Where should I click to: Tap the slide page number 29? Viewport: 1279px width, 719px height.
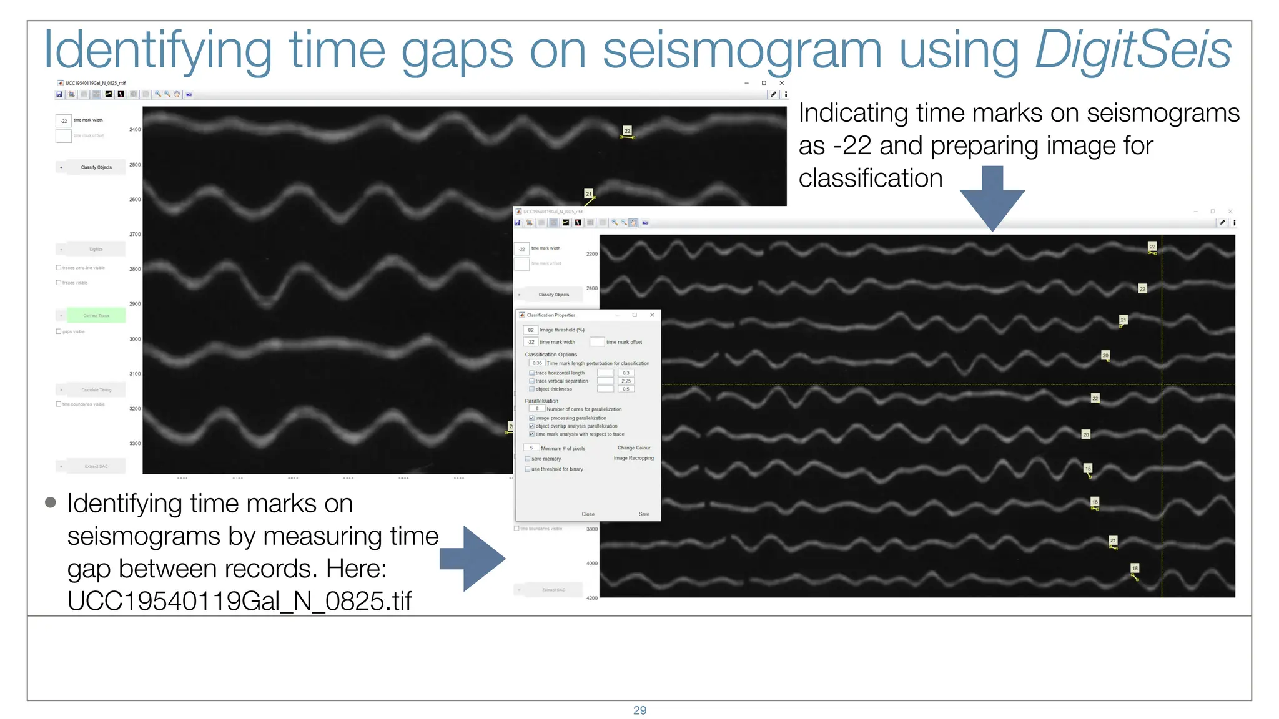(x=639, y=710)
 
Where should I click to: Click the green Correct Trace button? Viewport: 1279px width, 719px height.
(x=96, y=316)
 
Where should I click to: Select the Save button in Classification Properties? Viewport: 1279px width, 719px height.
(x=644, y=514)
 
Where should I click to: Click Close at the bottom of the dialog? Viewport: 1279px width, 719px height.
(x=588, y=514)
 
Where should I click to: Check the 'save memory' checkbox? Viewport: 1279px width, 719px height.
(x=528, y=459)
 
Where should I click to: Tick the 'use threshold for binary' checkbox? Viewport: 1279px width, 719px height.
(x=528, y=469)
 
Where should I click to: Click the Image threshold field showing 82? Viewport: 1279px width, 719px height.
(x=531, y=330)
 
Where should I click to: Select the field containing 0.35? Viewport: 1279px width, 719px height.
(x=537, y=363)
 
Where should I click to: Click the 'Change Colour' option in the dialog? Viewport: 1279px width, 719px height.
(x=633, y=448)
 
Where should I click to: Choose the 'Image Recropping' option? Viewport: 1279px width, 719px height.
(x=633, y=458)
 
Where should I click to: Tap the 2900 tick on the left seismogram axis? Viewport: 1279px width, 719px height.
(x=135, y=304)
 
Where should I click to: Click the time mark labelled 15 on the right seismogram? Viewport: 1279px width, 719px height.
(x=1088, y=469)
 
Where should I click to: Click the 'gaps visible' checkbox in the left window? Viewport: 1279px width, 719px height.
(x=59, y=331)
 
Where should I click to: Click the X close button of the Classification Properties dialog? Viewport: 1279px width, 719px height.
(x=652, y=315)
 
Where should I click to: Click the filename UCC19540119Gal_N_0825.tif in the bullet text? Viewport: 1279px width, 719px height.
(x=239, y=601)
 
